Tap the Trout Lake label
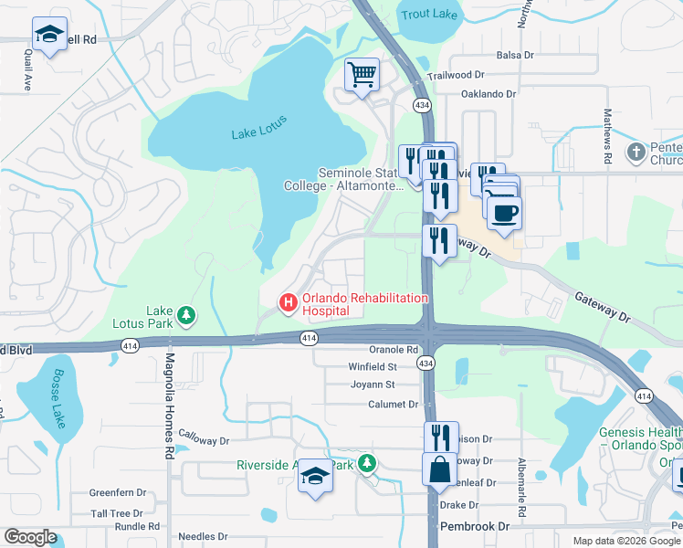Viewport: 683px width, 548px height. pos(428,14)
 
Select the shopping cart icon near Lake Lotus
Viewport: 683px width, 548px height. pos(363,73)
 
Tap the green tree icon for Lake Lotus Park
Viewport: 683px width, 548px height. pos(187,315)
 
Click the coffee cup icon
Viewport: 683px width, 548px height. pos(503,215)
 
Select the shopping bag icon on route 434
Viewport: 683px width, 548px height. pos(439,469)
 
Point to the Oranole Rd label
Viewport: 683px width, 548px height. pos(394,349)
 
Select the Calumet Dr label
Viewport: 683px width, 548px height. pos(393,404)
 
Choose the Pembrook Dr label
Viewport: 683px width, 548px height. pos(474,527)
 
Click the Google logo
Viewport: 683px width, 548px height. pos(30,538)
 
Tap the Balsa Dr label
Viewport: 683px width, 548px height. pos(514,56)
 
